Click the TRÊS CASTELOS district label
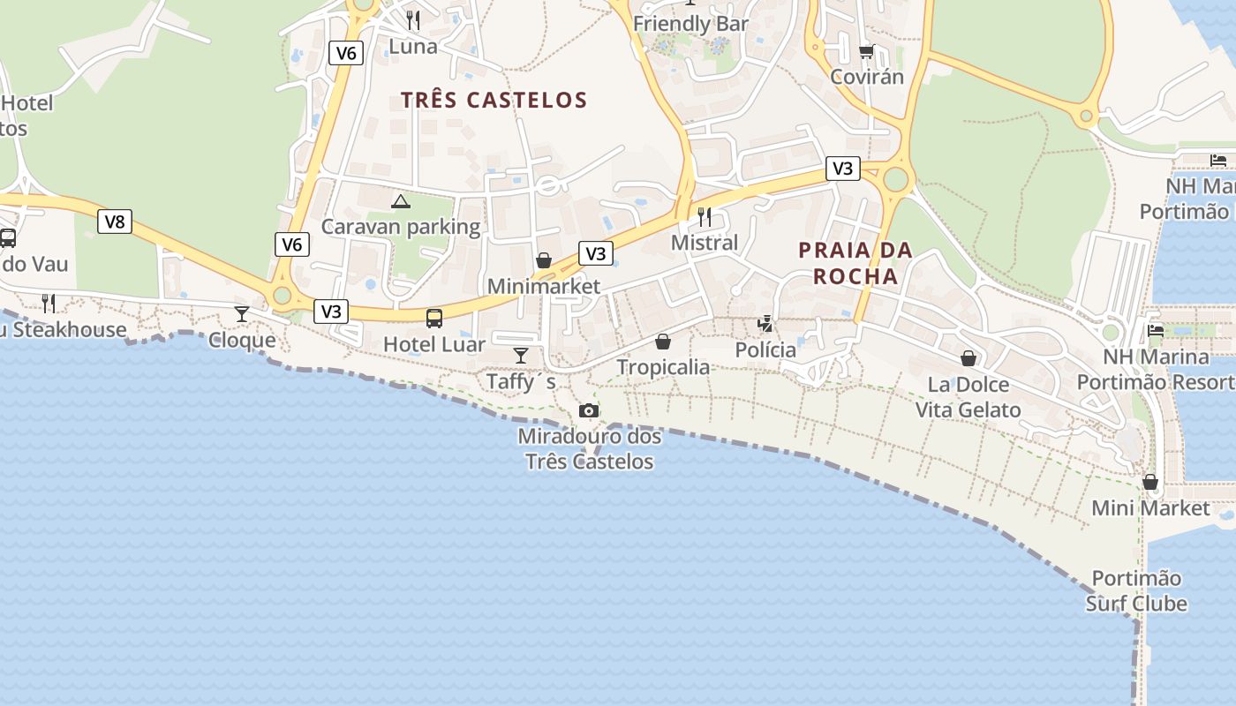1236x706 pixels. pos(494,100)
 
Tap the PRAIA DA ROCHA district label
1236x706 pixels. pos(855,263)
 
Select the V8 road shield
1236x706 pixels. pos(115,222)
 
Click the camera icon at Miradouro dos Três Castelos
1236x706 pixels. pos(589,410)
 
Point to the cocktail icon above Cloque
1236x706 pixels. pos(241,313)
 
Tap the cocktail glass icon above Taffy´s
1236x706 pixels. pos(521,355)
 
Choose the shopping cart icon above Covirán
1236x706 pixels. pos(866,51)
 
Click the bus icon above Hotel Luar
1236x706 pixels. pos(434,319)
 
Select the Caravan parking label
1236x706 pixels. pos(400,227)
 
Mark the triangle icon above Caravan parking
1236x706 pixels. pos(401,201)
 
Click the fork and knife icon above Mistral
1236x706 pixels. pos(705,216)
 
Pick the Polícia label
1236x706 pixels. pos(765,350)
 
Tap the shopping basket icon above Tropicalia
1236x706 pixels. pos(663,342)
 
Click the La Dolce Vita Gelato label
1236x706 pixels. pos(968,397)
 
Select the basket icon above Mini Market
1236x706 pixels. pos(1150,482)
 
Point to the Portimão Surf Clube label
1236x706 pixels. pos(1136,591)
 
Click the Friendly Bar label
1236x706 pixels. pos(690,24)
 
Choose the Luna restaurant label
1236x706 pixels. pos(413,46)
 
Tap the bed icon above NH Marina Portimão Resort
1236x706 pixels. pos(1155,331)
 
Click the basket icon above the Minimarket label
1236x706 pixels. pos(544,260)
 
